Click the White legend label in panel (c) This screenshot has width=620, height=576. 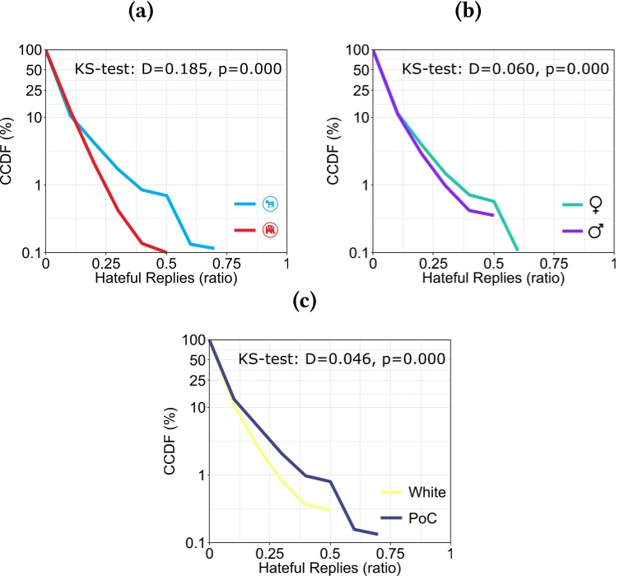427,493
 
